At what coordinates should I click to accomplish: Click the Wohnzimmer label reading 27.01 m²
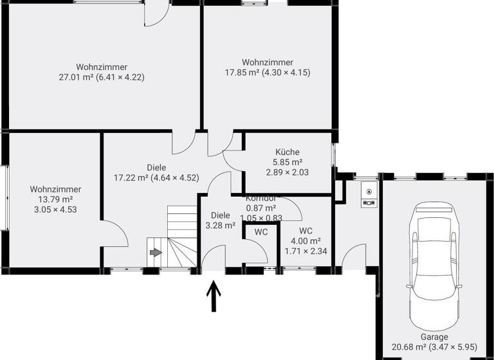[x=101, y=67]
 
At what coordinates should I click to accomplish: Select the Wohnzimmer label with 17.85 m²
[x=267, y=62]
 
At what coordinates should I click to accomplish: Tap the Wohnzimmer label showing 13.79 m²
[x=55, y=189]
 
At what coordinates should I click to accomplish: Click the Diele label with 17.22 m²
[x=156, y=168]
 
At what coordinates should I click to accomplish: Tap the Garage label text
[x=435, y=337]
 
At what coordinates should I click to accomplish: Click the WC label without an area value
[x=261, y=231]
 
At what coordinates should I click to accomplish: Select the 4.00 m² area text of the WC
[x=306, y=241]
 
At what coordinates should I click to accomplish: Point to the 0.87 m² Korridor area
[x=261, y=208]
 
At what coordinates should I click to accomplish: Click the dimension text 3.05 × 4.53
[x=55, y=209]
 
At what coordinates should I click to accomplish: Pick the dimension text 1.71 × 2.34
[x=306, y=251]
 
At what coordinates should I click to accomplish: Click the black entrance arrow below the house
[x=214, y=298]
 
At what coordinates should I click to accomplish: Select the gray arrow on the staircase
[x=156, y=253]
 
